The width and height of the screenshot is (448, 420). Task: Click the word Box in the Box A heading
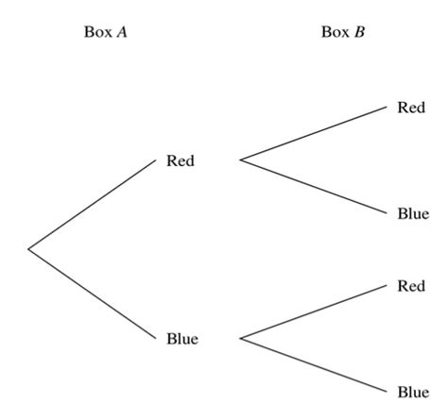[x=98, y=31]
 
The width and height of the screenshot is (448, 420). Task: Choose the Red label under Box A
[x=180, y=160]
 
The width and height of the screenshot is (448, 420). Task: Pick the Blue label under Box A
[x=181, y=339]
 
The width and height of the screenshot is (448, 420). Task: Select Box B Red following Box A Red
[x=411, y=108]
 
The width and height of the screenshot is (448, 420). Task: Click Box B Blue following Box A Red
[x=413, y=214]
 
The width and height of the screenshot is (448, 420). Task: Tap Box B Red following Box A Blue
[x=411, y=286]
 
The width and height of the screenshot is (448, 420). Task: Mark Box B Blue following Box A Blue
[x=413, y=392]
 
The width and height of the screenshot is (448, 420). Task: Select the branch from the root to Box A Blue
[x=92, y=293]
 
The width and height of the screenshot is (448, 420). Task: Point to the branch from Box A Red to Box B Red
[x=315, y=134]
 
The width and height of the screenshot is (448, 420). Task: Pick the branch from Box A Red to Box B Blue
[x=315, y=187]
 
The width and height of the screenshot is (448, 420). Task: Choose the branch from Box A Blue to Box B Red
[x=315, y=311]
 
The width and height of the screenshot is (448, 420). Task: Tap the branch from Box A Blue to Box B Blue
[x=315, y=364]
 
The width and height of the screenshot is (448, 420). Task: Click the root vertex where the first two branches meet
[x=28, y=249]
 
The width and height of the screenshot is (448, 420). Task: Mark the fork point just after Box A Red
[x=241, y=160]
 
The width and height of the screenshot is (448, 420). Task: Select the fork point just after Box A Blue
[x=241, y=338]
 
